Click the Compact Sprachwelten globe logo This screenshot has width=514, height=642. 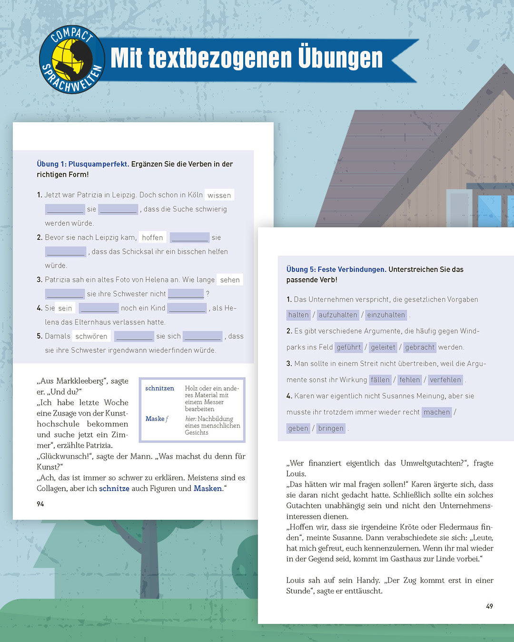pos(72,59)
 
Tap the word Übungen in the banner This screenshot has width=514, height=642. pos(340,58)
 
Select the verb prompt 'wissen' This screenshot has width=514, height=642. pos(219,195)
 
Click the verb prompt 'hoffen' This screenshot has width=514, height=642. pos(152,237)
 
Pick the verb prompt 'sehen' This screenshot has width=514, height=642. pos(230,280)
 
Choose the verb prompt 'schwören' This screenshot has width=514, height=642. pos(91,336)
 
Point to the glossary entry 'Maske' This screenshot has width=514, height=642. pos(155,419)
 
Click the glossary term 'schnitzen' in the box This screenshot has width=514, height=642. pos(159,389)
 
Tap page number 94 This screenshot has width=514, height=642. pos(40,504)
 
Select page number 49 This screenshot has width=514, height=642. pos(489,606)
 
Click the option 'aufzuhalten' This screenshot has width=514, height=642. pos(338,315)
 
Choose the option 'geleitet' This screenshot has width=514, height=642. pos(383,347)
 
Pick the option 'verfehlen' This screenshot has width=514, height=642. pos(445,379)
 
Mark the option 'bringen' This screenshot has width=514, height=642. pos(331,428)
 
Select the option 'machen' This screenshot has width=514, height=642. pos(437,412)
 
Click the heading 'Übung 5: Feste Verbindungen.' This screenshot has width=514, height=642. pos(336,269)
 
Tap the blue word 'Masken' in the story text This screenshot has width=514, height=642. pos(208,488)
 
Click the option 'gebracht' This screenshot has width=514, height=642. pos(420,347)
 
